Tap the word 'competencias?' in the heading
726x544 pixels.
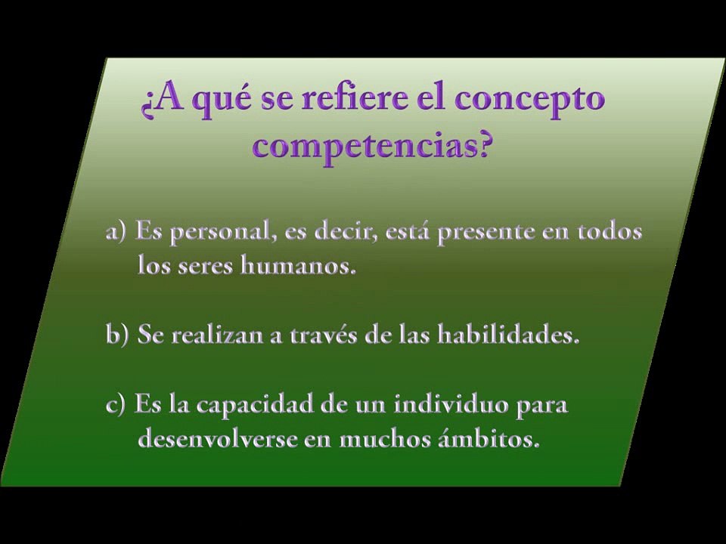click(x=371, y=144)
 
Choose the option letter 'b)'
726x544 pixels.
click(x=118, y=335)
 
